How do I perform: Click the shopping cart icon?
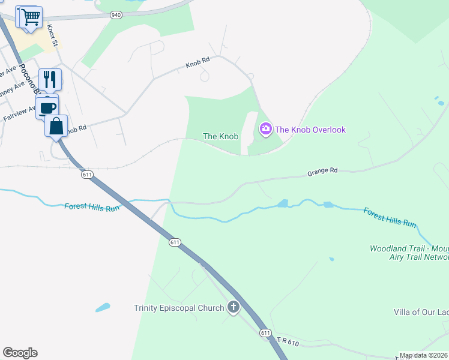tap(31, 16)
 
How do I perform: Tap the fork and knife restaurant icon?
tap(50, 79)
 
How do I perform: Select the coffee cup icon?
tap(47, 107)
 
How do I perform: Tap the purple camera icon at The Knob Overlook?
tap(265, 129)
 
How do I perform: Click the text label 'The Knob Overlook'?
tap(310, 130)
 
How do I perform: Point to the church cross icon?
tap(233, 308)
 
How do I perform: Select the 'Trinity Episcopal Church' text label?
tap(178, 308)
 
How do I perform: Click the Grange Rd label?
tap(323, 172)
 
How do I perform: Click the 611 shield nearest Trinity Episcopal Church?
tap(265, 332)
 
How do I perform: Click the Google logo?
tap(20, 353)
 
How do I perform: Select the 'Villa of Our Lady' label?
tap(421, 311)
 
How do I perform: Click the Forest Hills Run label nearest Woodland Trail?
tap(390, 217)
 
